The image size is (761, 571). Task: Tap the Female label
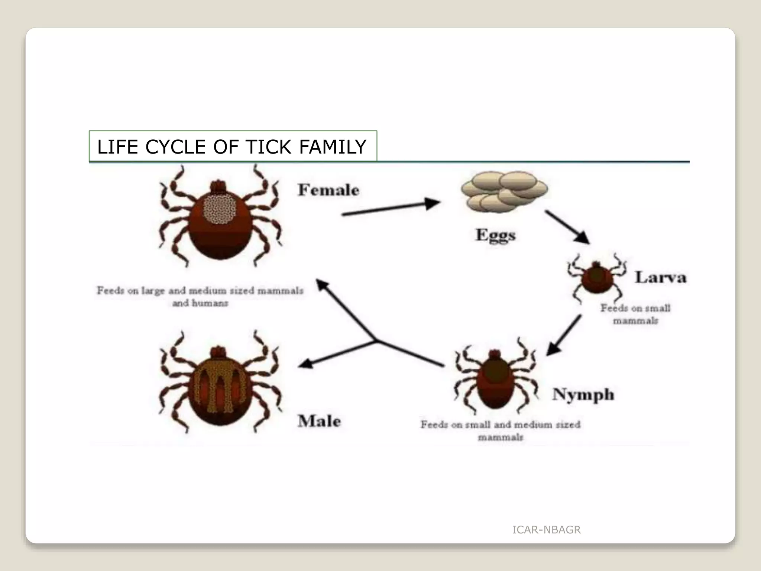click(328, 190)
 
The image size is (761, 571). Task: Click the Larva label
click(660, 277)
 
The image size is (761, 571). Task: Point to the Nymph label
click(583, 395)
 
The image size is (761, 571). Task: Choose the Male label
click(319, 421)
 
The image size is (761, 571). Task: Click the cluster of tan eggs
click(504, 192)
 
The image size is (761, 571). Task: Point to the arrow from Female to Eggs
click(390, 209)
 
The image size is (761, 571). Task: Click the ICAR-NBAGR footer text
click(546, 530)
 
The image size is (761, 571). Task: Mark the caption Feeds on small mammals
click(635, 314)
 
